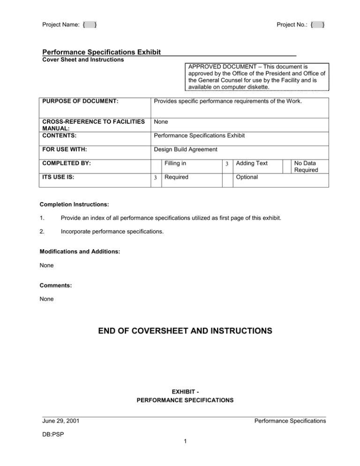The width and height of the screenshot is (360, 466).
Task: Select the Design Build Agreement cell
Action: (181, 150)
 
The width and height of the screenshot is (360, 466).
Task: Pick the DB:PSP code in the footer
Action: (53, 434)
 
